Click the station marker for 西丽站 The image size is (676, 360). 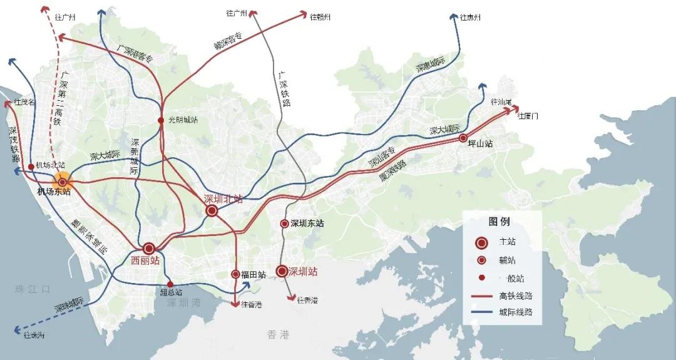pyautogui.click(x=149, y=247)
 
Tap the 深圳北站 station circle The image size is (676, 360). pyautogui.click(x=212, y=210)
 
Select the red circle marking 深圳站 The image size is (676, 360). pyautogui.click(x=282, y=271)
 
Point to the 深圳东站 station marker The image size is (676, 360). pyautogui.click(x=284, y=224)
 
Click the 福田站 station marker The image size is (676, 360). pyautogui.click(x=236, y=274)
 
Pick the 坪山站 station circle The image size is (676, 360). pyautogui.click(x=463, y=138)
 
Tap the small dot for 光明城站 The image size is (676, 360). pyautogui.click(x=161, y=120)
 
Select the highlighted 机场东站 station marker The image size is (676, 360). pyautogui.click(x=62, y=182)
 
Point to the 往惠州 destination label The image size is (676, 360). pyautogui.click(x=470, y=18)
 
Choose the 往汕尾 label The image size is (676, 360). pyautogui.click(x=501, y=102)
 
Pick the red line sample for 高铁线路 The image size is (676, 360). pyautogui.click(x=481, y=296)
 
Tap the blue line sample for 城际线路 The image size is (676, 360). pyautogui.click(x=481, y=312)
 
